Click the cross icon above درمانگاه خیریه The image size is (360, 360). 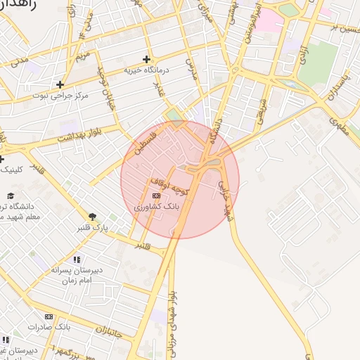[x=146, y=59]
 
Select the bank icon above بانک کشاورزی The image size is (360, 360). [x=156, y=196]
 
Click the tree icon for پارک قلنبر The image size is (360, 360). [x=92, y=217]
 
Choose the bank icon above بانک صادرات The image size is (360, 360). [x=49, y=317]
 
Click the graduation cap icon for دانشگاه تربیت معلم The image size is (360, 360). [x=10, y=195]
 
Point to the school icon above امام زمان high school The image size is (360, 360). [x=77, y=259]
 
